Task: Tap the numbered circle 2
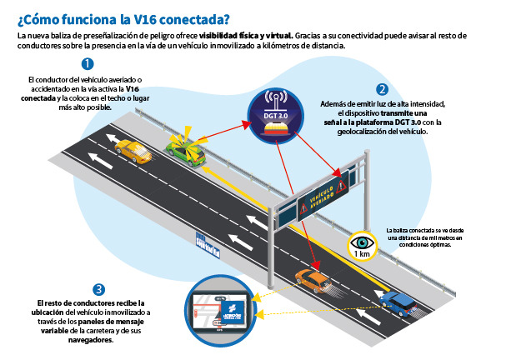point(382,89)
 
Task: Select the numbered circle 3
point(99,289)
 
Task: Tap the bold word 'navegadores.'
point(87,340)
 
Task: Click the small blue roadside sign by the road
point(208,242)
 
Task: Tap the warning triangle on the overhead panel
point(341,185)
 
